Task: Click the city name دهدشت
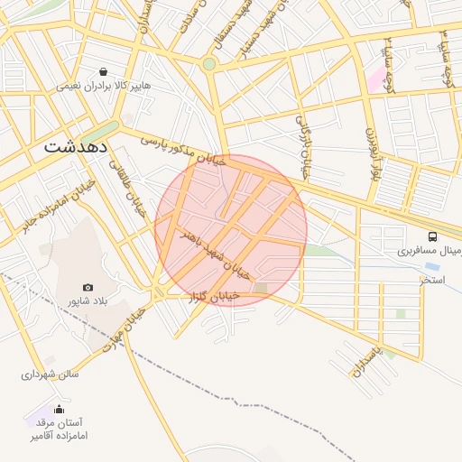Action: click(78, 145)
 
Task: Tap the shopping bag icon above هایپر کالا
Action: click(106, 71)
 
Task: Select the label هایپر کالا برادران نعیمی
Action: click(97, 86)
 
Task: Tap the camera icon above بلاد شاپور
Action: click(88, 286)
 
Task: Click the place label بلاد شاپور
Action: click(88, 300)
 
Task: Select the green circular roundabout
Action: click(209, 64)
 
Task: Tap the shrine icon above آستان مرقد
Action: click(60, 408)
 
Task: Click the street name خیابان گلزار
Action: click(215, 296)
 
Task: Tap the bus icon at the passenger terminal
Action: click(433, 236)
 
